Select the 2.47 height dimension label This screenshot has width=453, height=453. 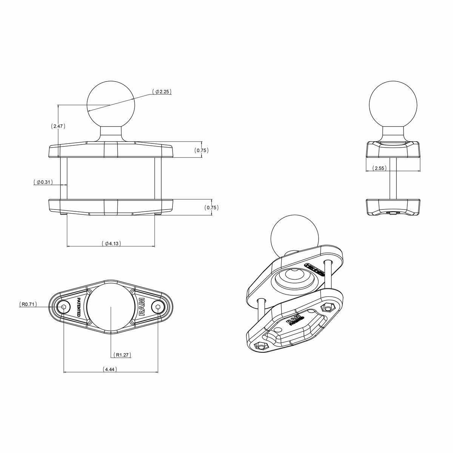tap(58, 126)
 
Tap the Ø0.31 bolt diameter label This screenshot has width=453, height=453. tap(43, 182)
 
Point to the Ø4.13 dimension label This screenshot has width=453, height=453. tap(111, 243)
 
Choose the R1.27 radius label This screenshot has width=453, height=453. tap(123, 355)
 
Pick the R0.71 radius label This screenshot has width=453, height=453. tap(28, 304)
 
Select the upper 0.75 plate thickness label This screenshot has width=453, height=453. tap(201, 150)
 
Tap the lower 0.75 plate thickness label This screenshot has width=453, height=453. tap(211, 208)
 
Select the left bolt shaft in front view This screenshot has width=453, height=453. tap(63, 178)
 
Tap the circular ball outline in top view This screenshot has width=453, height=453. tap(110, 307)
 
